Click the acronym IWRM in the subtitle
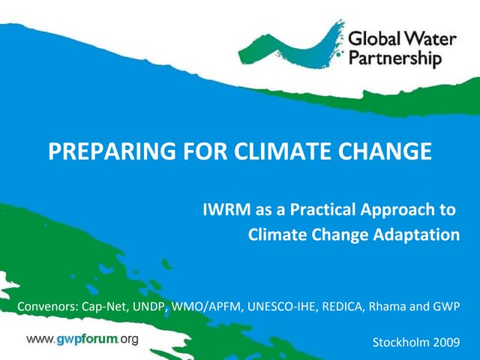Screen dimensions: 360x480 225,209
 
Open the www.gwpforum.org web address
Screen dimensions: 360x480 82,340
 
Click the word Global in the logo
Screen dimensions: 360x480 373,37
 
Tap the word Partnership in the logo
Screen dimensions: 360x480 396,58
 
